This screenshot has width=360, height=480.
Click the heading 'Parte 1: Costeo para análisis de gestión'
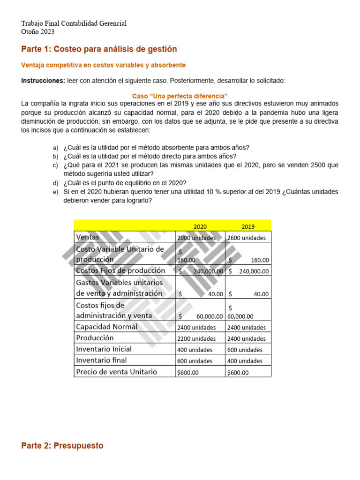click(99, 49)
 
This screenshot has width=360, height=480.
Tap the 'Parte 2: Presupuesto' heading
click(62, 446)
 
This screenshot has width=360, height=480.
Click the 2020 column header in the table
click(200, 227)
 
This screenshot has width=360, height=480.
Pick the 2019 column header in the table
click(248, 227)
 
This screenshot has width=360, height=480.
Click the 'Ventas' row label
click(88, 237)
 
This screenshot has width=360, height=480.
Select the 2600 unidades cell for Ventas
click(246, 238)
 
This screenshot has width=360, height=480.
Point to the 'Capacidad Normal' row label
click(107, 327)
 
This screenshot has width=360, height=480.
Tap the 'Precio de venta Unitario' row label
click(116, 372)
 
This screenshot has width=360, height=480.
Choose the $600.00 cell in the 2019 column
click(238, 373)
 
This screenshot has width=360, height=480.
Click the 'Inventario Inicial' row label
click(104, 349)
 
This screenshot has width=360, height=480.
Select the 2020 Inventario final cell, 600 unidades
click(195, 361)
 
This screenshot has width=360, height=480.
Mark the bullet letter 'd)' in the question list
click(55, 183)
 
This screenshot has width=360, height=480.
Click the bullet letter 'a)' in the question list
click(55, 148)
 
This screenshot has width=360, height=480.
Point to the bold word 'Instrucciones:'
click(43, 81)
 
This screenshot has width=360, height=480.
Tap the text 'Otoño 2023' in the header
click(37, 32)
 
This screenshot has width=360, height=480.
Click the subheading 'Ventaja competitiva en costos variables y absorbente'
click(104, 65)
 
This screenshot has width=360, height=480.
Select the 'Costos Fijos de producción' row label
click(120, 270)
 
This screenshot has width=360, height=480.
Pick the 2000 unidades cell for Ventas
click(196, 238)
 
